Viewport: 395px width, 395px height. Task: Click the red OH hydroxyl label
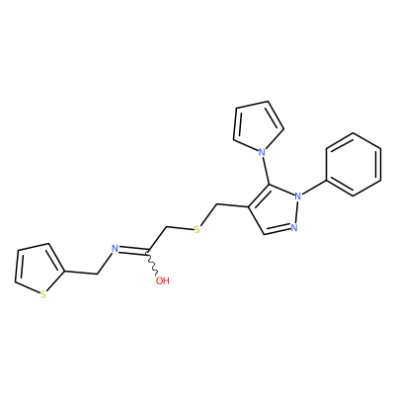point(163,280)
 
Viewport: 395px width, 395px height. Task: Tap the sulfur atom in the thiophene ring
point(43,294)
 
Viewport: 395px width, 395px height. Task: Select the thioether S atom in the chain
point(197,229)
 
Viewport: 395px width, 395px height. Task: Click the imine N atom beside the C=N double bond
point(115,249)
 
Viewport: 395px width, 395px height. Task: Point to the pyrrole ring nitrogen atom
point(262,152)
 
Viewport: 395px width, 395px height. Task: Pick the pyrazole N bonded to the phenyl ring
point(298,197)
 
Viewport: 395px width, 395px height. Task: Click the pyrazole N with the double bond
point(294,227)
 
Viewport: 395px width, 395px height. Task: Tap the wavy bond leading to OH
point(152,264)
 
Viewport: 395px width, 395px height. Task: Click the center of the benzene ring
point(354,165)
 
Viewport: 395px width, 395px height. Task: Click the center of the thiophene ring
point(37,270)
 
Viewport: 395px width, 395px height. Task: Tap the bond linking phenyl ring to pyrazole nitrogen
point(314,189)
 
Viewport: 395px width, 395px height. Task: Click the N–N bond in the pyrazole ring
point(296,211)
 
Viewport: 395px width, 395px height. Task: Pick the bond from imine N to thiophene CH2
point(105,263)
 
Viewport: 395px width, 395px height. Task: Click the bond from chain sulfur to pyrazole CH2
point(208,215)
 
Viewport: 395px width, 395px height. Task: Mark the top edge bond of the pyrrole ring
point(252,104)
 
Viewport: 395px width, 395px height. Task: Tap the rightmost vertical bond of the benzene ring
point(381,165)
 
